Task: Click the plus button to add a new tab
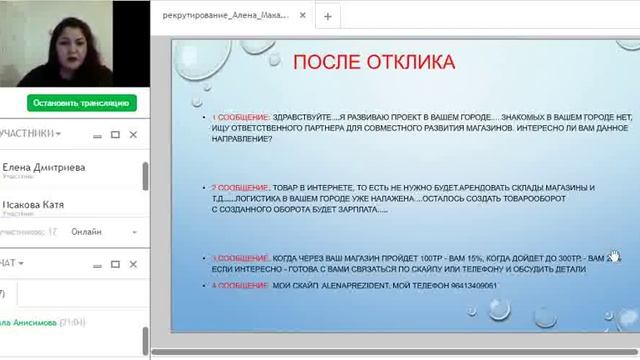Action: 328,16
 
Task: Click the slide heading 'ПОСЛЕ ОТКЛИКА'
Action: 373,63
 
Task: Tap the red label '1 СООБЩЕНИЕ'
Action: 236,118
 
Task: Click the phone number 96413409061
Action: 470,286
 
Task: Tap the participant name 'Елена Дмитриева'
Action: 44,168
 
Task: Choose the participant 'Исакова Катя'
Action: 34,205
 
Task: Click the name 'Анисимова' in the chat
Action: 34,323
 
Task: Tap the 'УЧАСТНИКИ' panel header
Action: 30,133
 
